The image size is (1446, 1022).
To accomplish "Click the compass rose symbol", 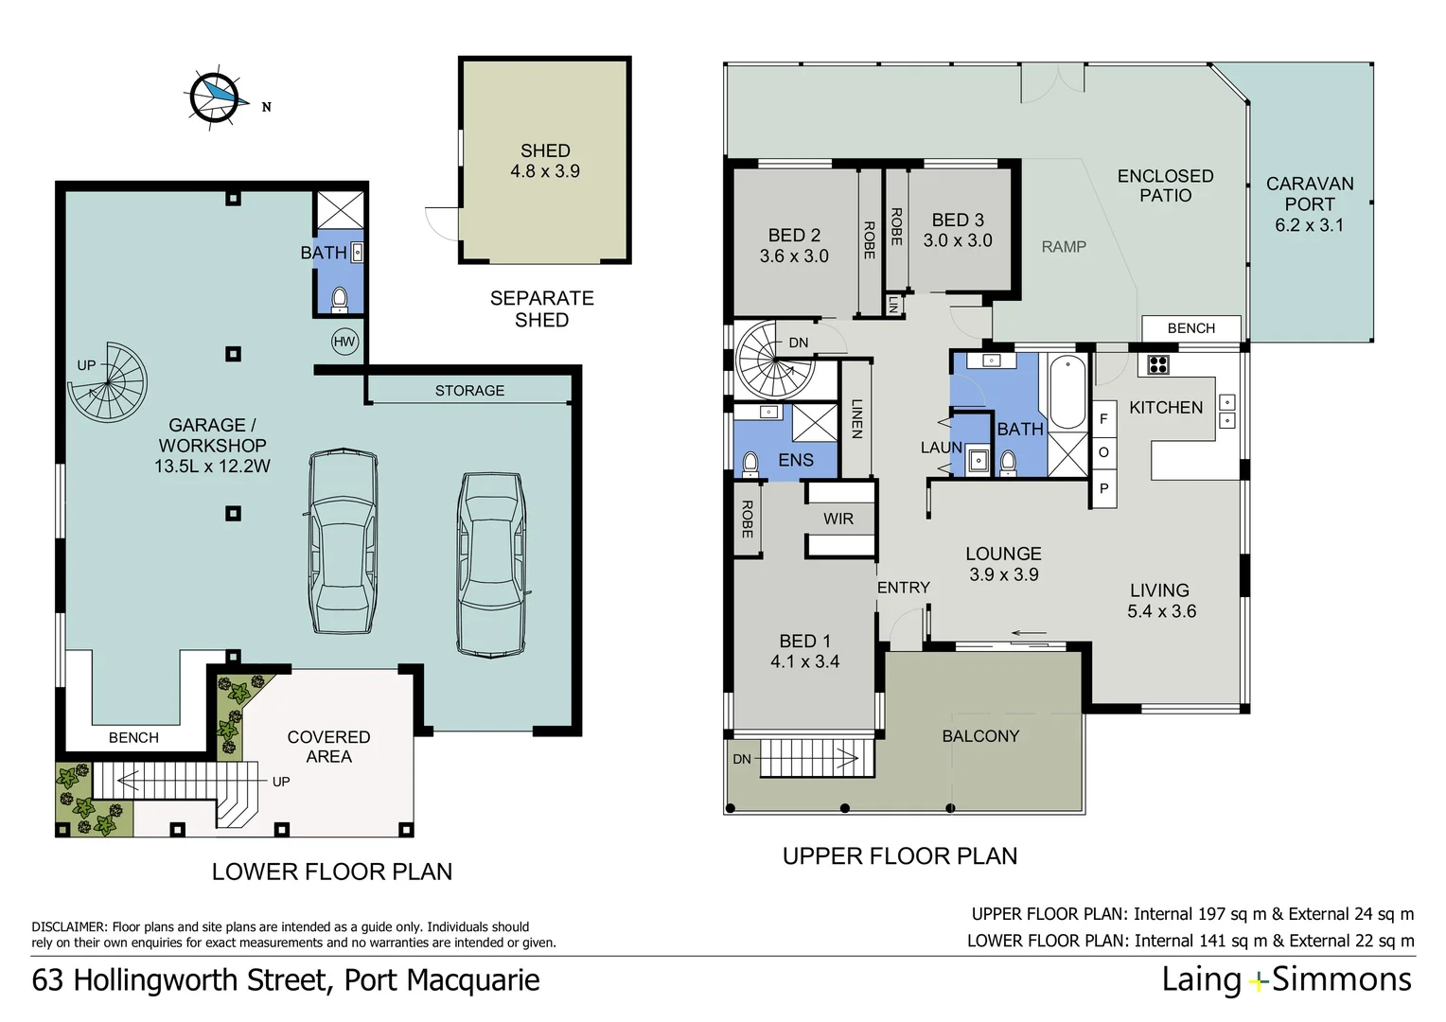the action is point(215,97).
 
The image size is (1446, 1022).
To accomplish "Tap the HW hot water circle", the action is point(344,342).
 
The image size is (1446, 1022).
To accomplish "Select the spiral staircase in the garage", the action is point(108,382).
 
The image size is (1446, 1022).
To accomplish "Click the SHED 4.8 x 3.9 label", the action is point(545,161).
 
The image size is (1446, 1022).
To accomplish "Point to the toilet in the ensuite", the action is point(750,465).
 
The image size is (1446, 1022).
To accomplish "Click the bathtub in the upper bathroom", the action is point(1067,392).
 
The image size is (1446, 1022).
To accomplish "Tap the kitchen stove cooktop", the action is point(1157,364).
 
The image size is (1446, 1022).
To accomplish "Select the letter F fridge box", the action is point(1103,418).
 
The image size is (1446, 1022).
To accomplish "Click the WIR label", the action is point(838,519).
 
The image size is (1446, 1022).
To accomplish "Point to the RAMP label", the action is point(1064,247).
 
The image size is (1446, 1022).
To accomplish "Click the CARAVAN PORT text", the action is point(1309,194).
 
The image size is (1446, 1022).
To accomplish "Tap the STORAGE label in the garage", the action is point(469,391).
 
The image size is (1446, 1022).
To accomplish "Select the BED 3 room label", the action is point(958,220).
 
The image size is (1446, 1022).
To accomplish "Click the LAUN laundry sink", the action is point(978,461).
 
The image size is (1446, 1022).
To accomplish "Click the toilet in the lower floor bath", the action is point(340,300).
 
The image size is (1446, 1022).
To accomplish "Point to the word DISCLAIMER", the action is point(69,927).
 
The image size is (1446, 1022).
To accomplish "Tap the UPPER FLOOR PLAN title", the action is point(900,856).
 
